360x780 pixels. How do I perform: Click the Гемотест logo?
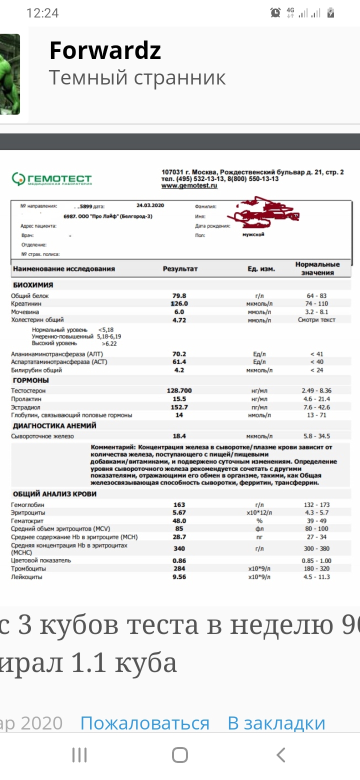pos(52,179)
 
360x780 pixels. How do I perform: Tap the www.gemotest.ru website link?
pos(189,185)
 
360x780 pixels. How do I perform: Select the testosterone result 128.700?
pos(179,390)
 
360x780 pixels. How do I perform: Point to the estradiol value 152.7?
pos(179,407)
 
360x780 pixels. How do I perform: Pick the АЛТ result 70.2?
pos(179,354)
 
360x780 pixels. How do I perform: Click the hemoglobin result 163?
pos(179,505)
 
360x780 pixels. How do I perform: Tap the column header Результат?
pos(180,268)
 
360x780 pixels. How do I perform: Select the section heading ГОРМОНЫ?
pos(30,380)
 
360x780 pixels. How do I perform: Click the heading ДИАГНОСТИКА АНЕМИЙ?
pos(54,425)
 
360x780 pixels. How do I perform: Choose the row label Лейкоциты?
pos(26,577)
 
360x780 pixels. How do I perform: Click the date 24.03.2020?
pos(150,205)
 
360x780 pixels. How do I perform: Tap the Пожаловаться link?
pos(144,723)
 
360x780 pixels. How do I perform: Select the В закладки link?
pos(276,723)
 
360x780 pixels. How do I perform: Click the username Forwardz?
pos(105,50)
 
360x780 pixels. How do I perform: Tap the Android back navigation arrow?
pos(281,754)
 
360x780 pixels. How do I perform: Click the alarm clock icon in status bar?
pos(275,13)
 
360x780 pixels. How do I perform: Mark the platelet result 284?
pos(179,569)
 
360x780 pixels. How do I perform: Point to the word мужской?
pos(253,234)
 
